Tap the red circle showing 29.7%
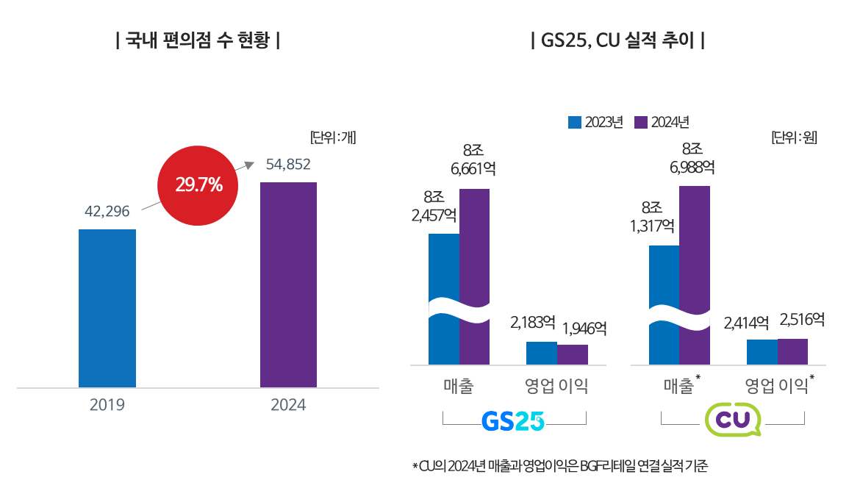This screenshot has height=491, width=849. click(x=198, y=185)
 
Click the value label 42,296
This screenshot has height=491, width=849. click(x=107, y=212)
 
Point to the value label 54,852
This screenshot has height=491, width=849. click(x=288, y=165)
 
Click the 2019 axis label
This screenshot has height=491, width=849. click(x=107, y=405)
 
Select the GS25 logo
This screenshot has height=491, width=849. click(x=513, y=420)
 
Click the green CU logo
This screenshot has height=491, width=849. click(x=732, y=420)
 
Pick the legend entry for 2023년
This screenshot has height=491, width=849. click(x=595, y=122)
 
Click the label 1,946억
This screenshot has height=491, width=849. click(x=585, y=328)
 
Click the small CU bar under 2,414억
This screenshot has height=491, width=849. click(x=762, y=351)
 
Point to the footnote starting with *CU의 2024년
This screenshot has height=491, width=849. click(x=559, y=466)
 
